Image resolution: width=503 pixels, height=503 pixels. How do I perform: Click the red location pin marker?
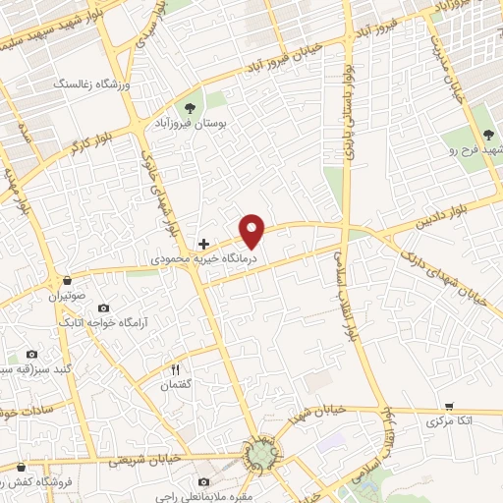tap(253, 231)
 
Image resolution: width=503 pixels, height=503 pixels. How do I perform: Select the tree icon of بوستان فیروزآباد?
tap(190, 106)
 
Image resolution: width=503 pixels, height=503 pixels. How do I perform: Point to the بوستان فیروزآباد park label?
tap(190, 125)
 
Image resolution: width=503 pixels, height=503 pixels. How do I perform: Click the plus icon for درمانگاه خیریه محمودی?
tap(203, 243)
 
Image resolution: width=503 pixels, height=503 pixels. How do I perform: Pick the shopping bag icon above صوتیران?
tap(67, 279)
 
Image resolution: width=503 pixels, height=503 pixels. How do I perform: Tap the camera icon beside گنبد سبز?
tap(31, 354)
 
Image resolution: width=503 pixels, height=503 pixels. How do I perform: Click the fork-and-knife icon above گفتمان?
tap(176, 369)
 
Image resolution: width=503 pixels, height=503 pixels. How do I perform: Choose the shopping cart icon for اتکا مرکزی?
tap(449, 406)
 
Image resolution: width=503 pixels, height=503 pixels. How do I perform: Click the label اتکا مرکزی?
tap(449, 421)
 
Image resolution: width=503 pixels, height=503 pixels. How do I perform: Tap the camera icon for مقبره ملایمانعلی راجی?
tap(203, 481)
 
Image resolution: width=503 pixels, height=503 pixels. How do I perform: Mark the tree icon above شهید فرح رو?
tap(489, 136)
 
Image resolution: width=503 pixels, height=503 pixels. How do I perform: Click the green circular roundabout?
tap(261, 454)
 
